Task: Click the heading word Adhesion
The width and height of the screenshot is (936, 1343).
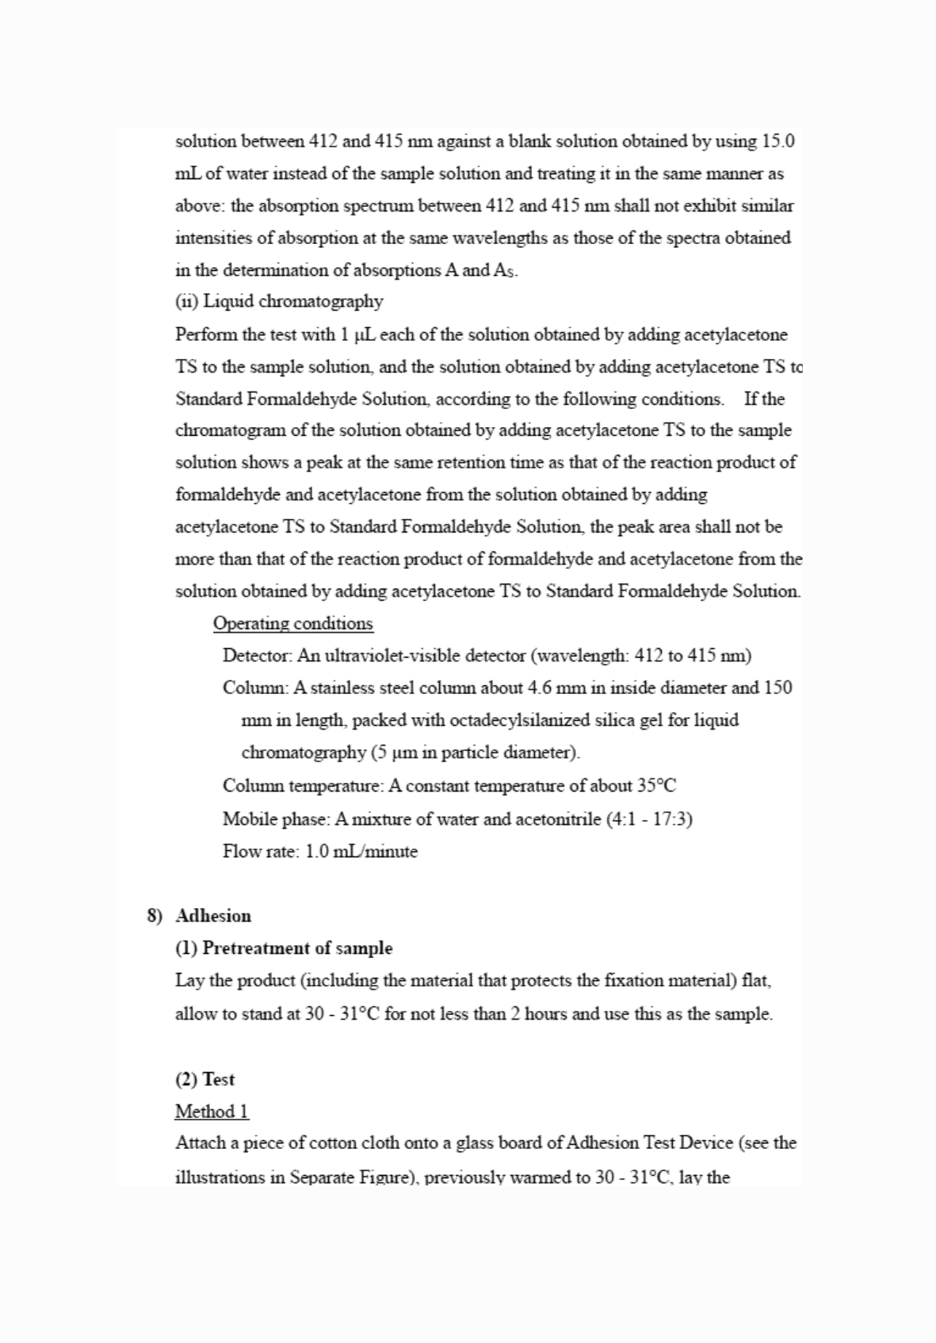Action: pyautogui.click(x=213, y=916)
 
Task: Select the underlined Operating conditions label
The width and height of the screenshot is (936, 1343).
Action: pyautogui.click(x=292, y=624)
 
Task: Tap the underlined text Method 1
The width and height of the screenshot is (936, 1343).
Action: pyautogui.click(x=212, y=1112)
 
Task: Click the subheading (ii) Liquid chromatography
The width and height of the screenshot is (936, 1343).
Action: pyautogui.click(x=279, y=301)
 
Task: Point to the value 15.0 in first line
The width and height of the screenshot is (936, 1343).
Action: pyautogui.click(x=778, y=141)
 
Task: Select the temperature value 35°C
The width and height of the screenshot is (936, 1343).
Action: pyautogui.click(x=656, y=785)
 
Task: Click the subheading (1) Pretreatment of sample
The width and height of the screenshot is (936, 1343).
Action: pyautogui.click(x=284, y=948)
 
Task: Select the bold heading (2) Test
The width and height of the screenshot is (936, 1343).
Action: pyautogui.click(x=204, y=1079)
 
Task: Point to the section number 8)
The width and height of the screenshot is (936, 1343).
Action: pyautogui.click(x=155, y=916)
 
